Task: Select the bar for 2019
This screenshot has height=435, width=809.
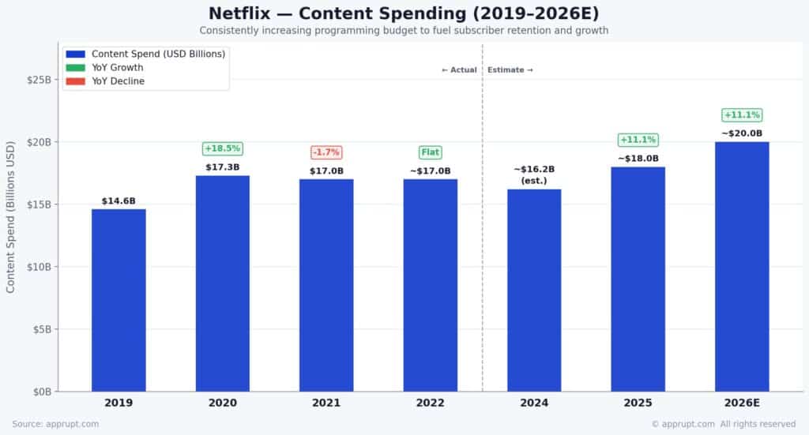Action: (119, 300)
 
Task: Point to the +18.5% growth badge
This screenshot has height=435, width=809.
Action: (223, 149)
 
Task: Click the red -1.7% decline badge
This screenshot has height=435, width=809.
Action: (326, 152)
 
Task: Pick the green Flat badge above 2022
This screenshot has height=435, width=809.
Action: (430, 152)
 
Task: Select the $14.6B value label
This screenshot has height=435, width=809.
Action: (119, 201)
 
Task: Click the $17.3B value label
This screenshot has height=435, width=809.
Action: (223, 167)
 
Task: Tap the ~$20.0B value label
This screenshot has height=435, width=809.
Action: (742, 133)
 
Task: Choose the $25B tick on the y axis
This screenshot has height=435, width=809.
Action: (40, 80)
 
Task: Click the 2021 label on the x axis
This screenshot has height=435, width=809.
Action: (326, 403)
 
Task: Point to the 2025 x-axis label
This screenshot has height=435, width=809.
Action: (638, 403)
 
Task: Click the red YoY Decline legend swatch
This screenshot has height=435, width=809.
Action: (76, 81)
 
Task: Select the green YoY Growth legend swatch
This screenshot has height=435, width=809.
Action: (76, 68)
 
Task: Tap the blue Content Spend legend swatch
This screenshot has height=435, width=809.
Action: (76, 54)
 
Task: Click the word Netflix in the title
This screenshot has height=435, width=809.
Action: (240, 13)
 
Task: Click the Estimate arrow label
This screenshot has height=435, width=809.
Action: (510, 70)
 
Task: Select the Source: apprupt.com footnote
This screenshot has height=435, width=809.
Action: (55, 424)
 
